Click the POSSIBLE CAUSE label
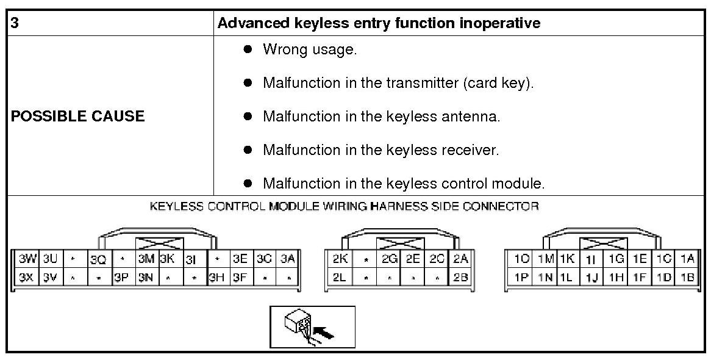(x=78, y=117)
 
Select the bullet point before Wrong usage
(x=248, y=49)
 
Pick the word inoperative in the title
(x=502, y=24)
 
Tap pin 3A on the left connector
(x=287, y=259)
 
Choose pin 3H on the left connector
(x=216, y=277)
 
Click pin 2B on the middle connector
(x=461, y=277)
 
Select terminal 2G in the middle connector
(x=389, y=259)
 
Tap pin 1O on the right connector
(x=521, y=259)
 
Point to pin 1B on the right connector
(x=687, y=277)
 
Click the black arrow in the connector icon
(x=327, y=334)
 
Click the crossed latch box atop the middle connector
(x=401, y=243)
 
